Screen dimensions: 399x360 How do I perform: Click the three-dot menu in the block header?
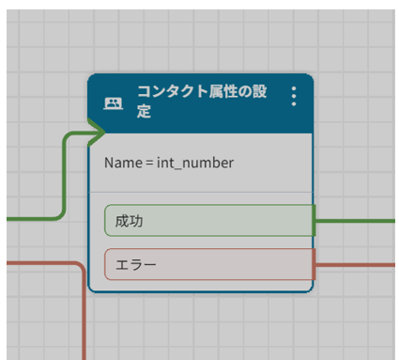coord(294,97)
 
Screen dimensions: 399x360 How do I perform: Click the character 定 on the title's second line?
coord(144,113)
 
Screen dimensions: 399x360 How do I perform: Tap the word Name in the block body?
coord(122,163)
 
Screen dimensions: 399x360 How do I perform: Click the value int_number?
coord(195,163)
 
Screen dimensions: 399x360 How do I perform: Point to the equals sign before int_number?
coord(148,163)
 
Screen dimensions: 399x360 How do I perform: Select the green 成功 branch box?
coord(208,221)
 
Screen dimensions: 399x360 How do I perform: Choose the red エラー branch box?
coord(208,264)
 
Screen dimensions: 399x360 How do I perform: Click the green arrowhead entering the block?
coord(96,134)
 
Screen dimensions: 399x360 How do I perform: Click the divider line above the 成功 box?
coord(201,192)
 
